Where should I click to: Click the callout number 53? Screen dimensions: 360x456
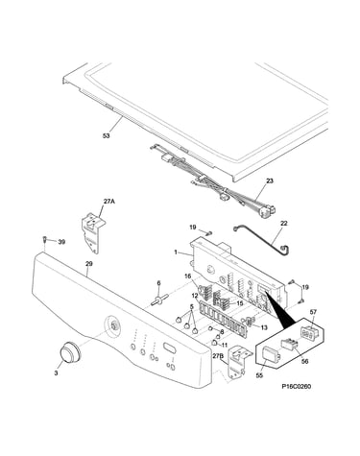coord(106,135)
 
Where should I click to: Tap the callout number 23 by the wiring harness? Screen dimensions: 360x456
coord(270,180)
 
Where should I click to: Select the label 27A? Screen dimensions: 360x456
coord(109,202)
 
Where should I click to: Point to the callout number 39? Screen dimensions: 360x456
coord(61,242)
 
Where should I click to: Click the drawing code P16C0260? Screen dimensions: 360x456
coord(297,387)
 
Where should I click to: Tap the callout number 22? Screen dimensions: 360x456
coord(283,224)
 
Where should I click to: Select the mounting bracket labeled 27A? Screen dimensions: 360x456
coord(93,232)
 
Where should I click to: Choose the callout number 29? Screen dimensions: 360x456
coord(89,264)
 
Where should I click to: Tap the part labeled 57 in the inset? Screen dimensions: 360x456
coord(308,333)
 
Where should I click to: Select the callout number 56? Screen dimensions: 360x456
coord(305,361)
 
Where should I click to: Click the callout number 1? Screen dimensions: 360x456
coord(176,252)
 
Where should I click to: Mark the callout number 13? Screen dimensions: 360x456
coord(264,327)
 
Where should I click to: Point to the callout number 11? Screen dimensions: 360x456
coord(225,345)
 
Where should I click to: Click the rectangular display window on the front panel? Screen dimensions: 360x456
coord(170,347)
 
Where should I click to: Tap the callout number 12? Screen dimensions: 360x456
coord(195,295)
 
